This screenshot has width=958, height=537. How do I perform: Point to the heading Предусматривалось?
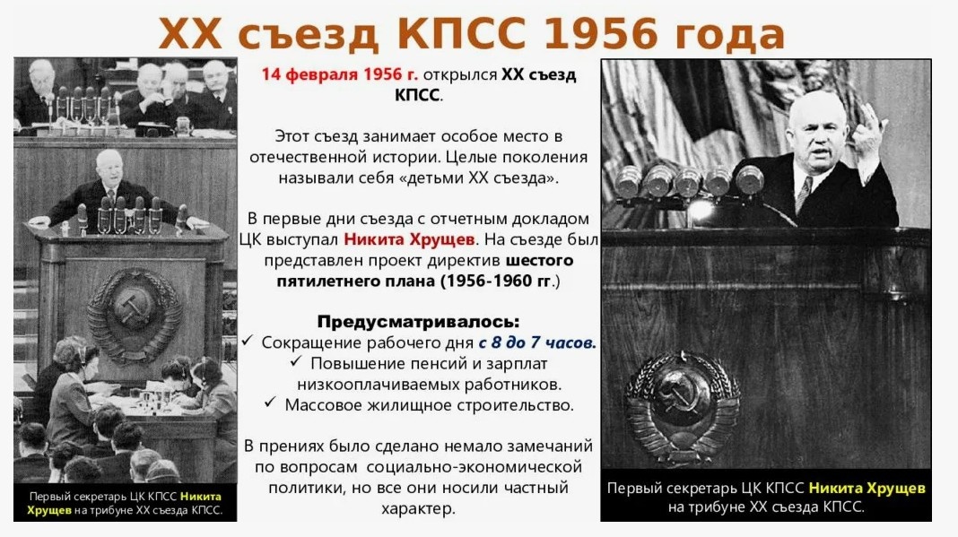pyautogui.click(x=418, y=321)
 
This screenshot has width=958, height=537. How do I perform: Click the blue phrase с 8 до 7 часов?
pyautogui.click(x=537, y=342)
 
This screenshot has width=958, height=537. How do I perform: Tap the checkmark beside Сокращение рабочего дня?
pyautogui.click(x=248, y=342)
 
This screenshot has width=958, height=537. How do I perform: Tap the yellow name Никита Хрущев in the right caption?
pyautogui.click(x=867, y=488)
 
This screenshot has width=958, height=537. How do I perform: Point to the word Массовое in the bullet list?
pyautogui.click(x=324, y=404)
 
